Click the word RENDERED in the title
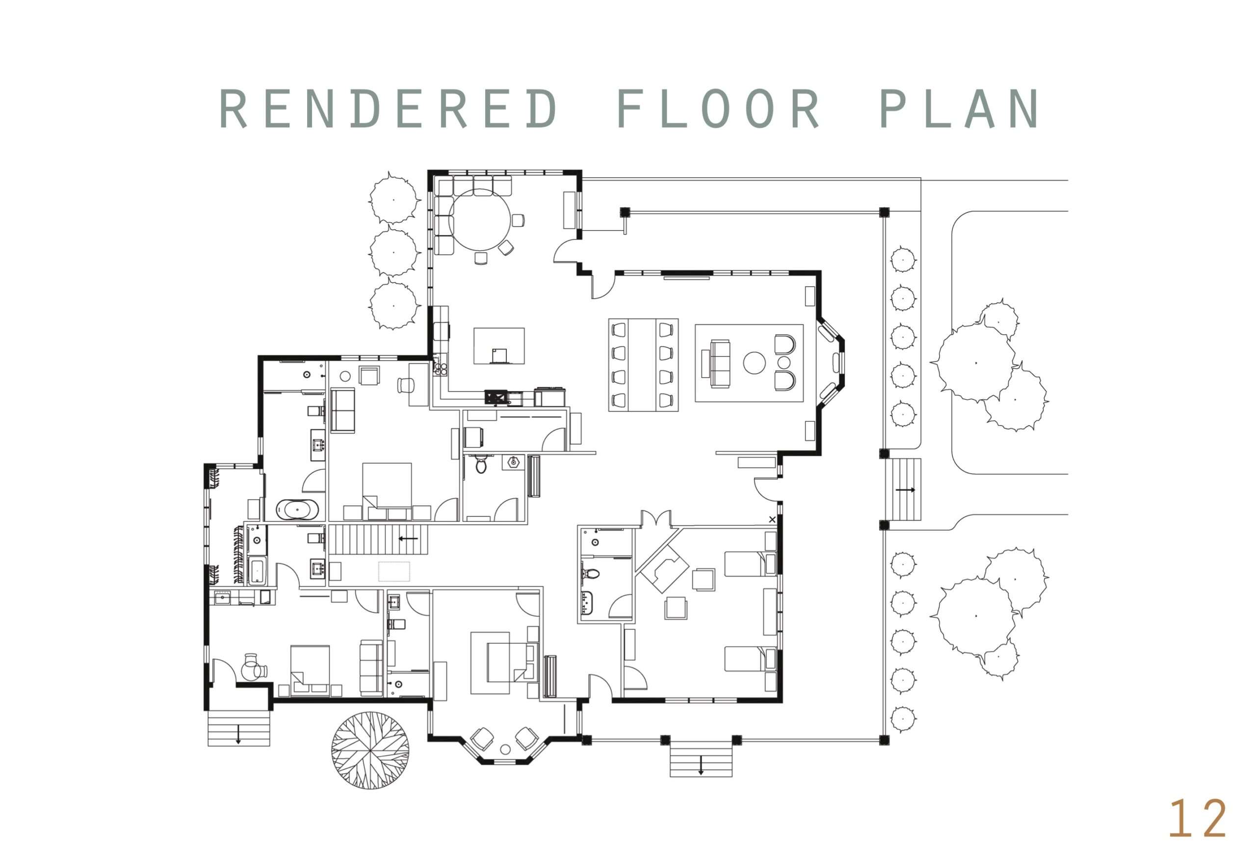click(388, 108)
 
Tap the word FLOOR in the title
click(718, 108)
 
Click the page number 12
click(1198, 818)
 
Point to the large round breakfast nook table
click(479, 219)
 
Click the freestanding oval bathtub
click(297, 510)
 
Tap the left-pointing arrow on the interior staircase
click(408, 538)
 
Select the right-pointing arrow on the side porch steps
click(905, 490)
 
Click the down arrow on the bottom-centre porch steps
click(701, 765)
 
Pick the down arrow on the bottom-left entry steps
click(238, 734)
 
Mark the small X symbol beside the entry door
click(772, 519)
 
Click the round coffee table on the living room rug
click(754, 363)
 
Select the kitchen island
click(499, 346)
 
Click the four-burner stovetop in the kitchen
click(441, 369)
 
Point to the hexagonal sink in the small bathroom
click(513, 462)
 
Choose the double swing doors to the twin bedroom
click(656, 518)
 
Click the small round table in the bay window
click(505, 750)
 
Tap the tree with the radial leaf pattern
click(370, 750)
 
